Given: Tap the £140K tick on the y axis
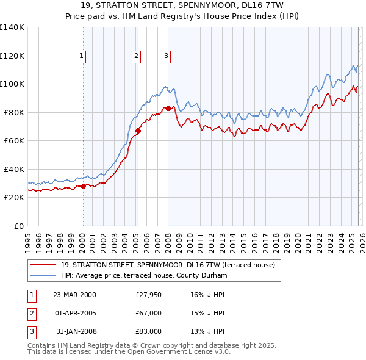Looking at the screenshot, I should (12, 27).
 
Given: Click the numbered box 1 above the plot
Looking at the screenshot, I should (82, 56).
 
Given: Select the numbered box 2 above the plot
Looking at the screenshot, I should (136, 56).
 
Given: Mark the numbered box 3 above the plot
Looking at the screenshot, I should (166, 56).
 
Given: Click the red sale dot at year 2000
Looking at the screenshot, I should (84, 186).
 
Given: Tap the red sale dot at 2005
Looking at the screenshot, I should (138, 131).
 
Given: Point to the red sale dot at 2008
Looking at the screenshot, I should (168, 108).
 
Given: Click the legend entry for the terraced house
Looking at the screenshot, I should (168, 265).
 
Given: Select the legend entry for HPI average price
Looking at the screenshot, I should (143, 276).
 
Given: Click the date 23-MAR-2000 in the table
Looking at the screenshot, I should (74, 295).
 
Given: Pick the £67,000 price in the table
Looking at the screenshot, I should (148, 313).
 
